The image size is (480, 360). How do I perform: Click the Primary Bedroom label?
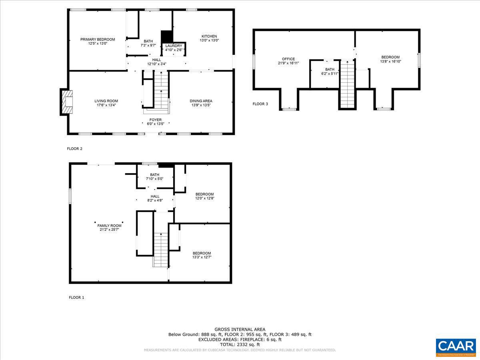click(x=98, y=39)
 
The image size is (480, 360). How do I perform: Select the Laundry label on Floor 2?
click(x=174, y=46)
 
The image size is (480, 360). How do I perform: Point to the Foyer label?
click(x=156, y=120)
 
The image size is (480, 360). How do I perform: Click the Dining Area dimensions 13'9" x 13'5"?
click(x=201, y=105)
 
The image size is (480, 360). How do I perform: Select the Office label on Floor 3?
click(x=288, y=59)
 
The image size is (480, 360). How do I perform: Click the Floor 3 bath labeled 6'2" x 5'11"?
click(x=330, y=72)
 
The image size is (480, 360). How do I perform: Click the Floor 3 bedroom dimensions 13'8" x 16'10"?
click(x=390, y=62)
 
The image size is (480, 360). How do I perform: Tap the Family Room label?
click(x=109, y=226)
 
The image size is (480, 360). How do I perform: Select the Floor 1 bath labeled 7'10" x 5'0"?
click(x=155, y=176)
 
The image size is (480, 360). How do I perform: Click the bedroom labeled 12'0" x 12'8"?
click(x=204, y=196)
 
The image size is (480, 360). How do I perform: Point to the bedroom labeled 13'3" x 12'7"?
click(x=202, y=255)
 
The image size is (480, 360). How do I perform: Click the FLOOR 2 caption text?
click(x=74, y=149)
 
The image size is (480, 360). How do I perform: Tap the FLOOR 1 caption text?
click(x=76, y=298)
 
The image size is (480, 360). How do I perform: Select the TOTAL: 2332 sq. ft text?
click(x=240, y=344)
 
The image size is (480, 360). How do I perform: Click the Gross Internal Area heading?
click(x=240, y=329)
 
